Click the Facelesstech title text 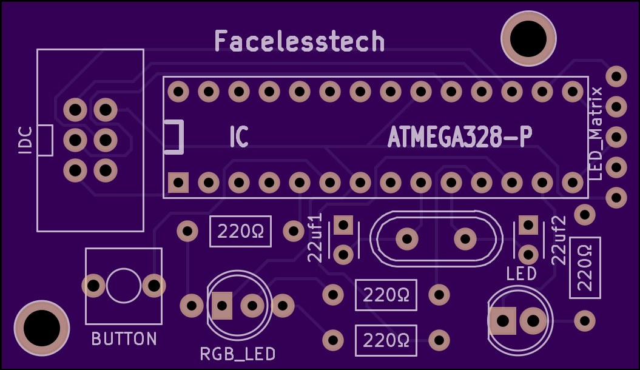click(x=300, y=41)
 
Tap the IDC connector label click(x=25, y=140)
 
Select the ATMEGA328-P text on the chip click(x=460, y=137)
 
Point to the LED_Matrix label click(x=597, y=133)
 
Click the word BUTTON click(x=124, y=339)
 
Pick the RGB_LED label click(x=238, y=354)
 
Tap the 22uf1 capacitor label click(x=315, y=237)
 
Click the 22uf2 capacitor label click(x=559, y=240)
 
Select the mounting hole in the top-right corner click(x=528, y=38)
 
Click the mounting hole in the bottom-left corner click(x=42, y=328)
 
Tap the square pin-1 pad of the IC click(x=178, y=183)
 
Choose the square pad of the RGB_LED click(x=222, y=306)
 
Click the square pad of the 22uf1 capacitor click(x=343, y=225)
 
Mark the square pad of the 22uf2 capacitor click(x=528, y=225)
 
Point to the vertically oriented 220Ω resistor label click(x=585, y=267)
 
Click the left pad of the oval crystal click(x=407, y=238)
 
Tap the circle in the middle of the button click(x=124, y=286)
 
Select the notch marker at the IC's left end click(x=174, y=137)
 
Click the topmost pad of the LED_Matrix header click(x=616, y=76)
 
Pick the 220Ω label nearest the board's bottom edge click(x=386, y=340)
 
